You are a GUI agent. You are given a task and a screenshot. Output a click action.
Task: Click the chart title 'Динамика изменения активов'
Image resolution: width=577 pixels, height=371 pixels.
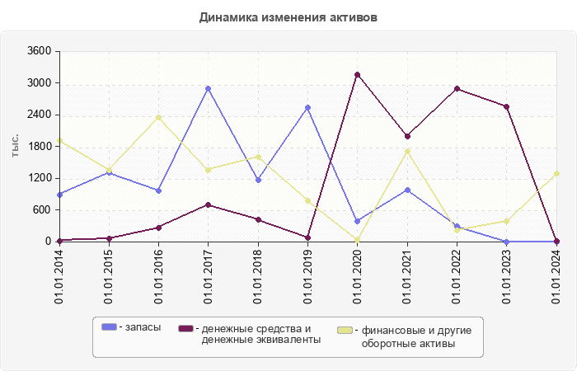point(288,16)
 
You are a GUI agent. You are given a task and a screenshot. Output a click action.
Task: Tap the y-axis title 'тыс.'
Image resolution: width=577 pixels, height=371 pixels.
point(16,145)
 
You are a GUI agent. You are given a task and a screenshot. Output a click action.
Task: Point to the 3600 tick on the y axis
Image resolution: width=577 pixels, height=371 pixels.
point(40,51)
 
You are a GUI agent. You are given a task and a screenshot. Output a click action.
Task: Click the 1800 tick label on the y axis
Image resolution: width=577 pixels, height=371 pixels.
point(40,146)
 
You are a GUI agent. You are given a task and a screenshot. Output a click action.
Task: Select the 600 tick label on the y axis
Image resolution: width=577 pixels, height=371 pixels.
point(42,209)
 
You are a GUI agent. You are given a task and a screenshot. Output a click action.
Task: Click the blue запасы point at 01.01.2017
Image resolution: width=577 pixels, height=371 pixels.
point(209,88)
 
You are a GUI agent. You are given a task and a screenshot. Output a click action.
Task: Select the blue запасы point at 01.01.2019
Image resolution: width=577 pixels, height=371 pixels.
point(307,107)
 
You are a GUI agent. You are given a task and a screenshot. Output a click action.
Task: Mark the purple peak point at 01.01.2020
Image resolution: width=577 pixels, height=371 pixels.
point(358,75)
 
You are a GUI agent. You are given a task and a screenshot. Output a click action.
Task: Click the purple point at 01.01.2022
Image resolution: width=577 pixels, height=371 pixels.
point(457,89)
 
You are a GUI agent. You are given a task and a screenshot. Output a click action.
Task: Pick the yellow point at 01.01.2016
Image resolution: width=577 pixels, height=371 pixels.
point(158,117)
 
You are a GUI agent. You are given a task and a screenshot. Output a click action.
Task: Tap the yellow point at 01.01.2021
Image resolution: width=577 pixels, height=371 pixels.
point(407,151)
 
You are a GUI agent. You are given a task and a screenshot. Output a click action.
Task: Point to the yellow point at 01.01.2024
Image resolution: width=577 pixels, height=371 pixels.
point(556,173)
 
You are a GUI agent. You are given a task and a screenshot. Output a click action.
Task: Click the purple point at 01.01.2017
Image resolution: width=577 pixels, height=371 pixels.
point(209,204)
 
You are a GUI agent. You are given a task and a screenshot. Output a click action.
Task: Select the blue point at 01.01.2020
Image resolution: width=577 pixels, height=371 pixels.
point(358,221)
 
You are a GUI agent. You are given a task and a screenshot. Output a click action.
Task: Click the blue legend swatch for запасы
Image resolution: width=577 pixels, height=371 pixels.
point(109,328)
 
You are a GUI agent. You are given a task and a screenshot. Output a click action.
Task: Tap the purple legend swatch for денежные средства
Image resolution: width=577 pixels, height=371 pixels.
point(186,328)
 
